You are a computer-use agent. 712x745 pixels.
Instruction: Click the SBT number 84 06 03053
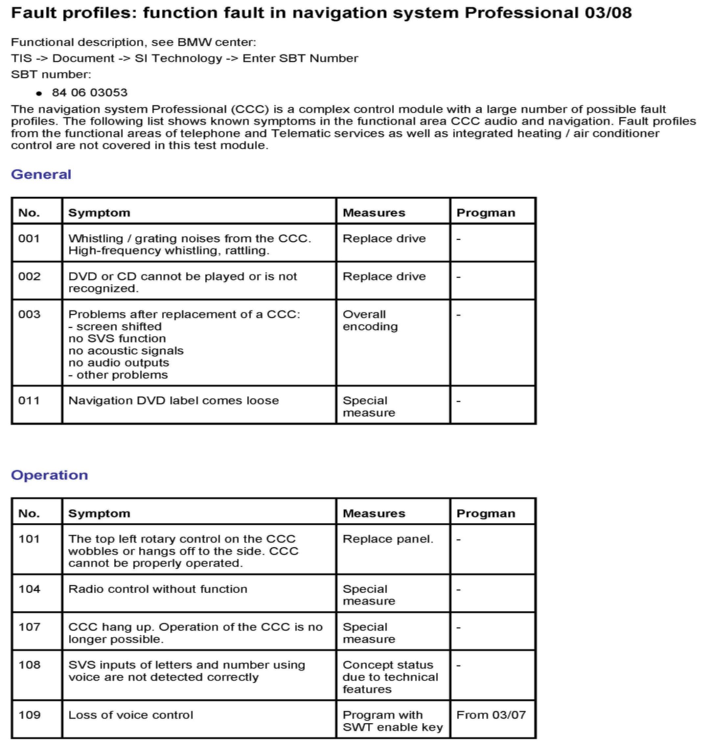[x=90, y=93]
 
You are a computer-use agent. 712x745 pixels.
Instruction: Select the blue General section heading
[x=41, y=174]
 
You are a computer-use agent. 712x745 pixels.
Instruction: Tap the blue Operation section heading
[x=49, y=475]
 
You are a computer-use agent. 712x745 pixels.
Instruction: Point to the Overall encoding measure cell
[x=370, y=320]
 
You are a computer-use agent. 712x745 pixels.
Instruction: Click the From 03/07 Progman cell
[x=491, y=715]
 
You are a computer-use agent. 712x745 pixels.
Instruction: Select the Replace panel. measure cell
[x=387, y=539]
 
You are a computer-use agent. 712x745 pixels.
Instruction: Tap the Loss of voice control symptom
[x=130, y=715]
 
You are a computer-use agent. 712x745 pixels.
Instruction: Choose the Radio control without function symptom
[x=157, y=589]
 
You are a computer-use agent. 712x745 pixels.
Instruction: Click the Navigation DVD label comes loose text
[x=173, y=401]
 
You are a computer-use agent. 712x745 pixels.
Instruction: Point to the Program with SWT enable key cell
[x=392, y=721]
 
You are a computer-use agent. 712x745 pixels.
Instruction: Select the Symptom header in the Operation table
[x=99, y=513]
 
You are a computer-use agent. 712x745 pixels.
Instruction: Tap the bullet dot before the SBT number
[x=39, y=93]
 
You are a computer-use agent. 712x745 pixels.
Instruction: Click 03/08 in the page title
[x=608, y=13]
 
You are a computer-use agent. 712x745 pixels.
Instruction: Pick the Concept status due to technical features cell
[x=390, y=677]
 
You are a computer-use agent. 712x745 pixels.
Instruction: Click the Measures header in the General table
[x=374, y=213]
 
